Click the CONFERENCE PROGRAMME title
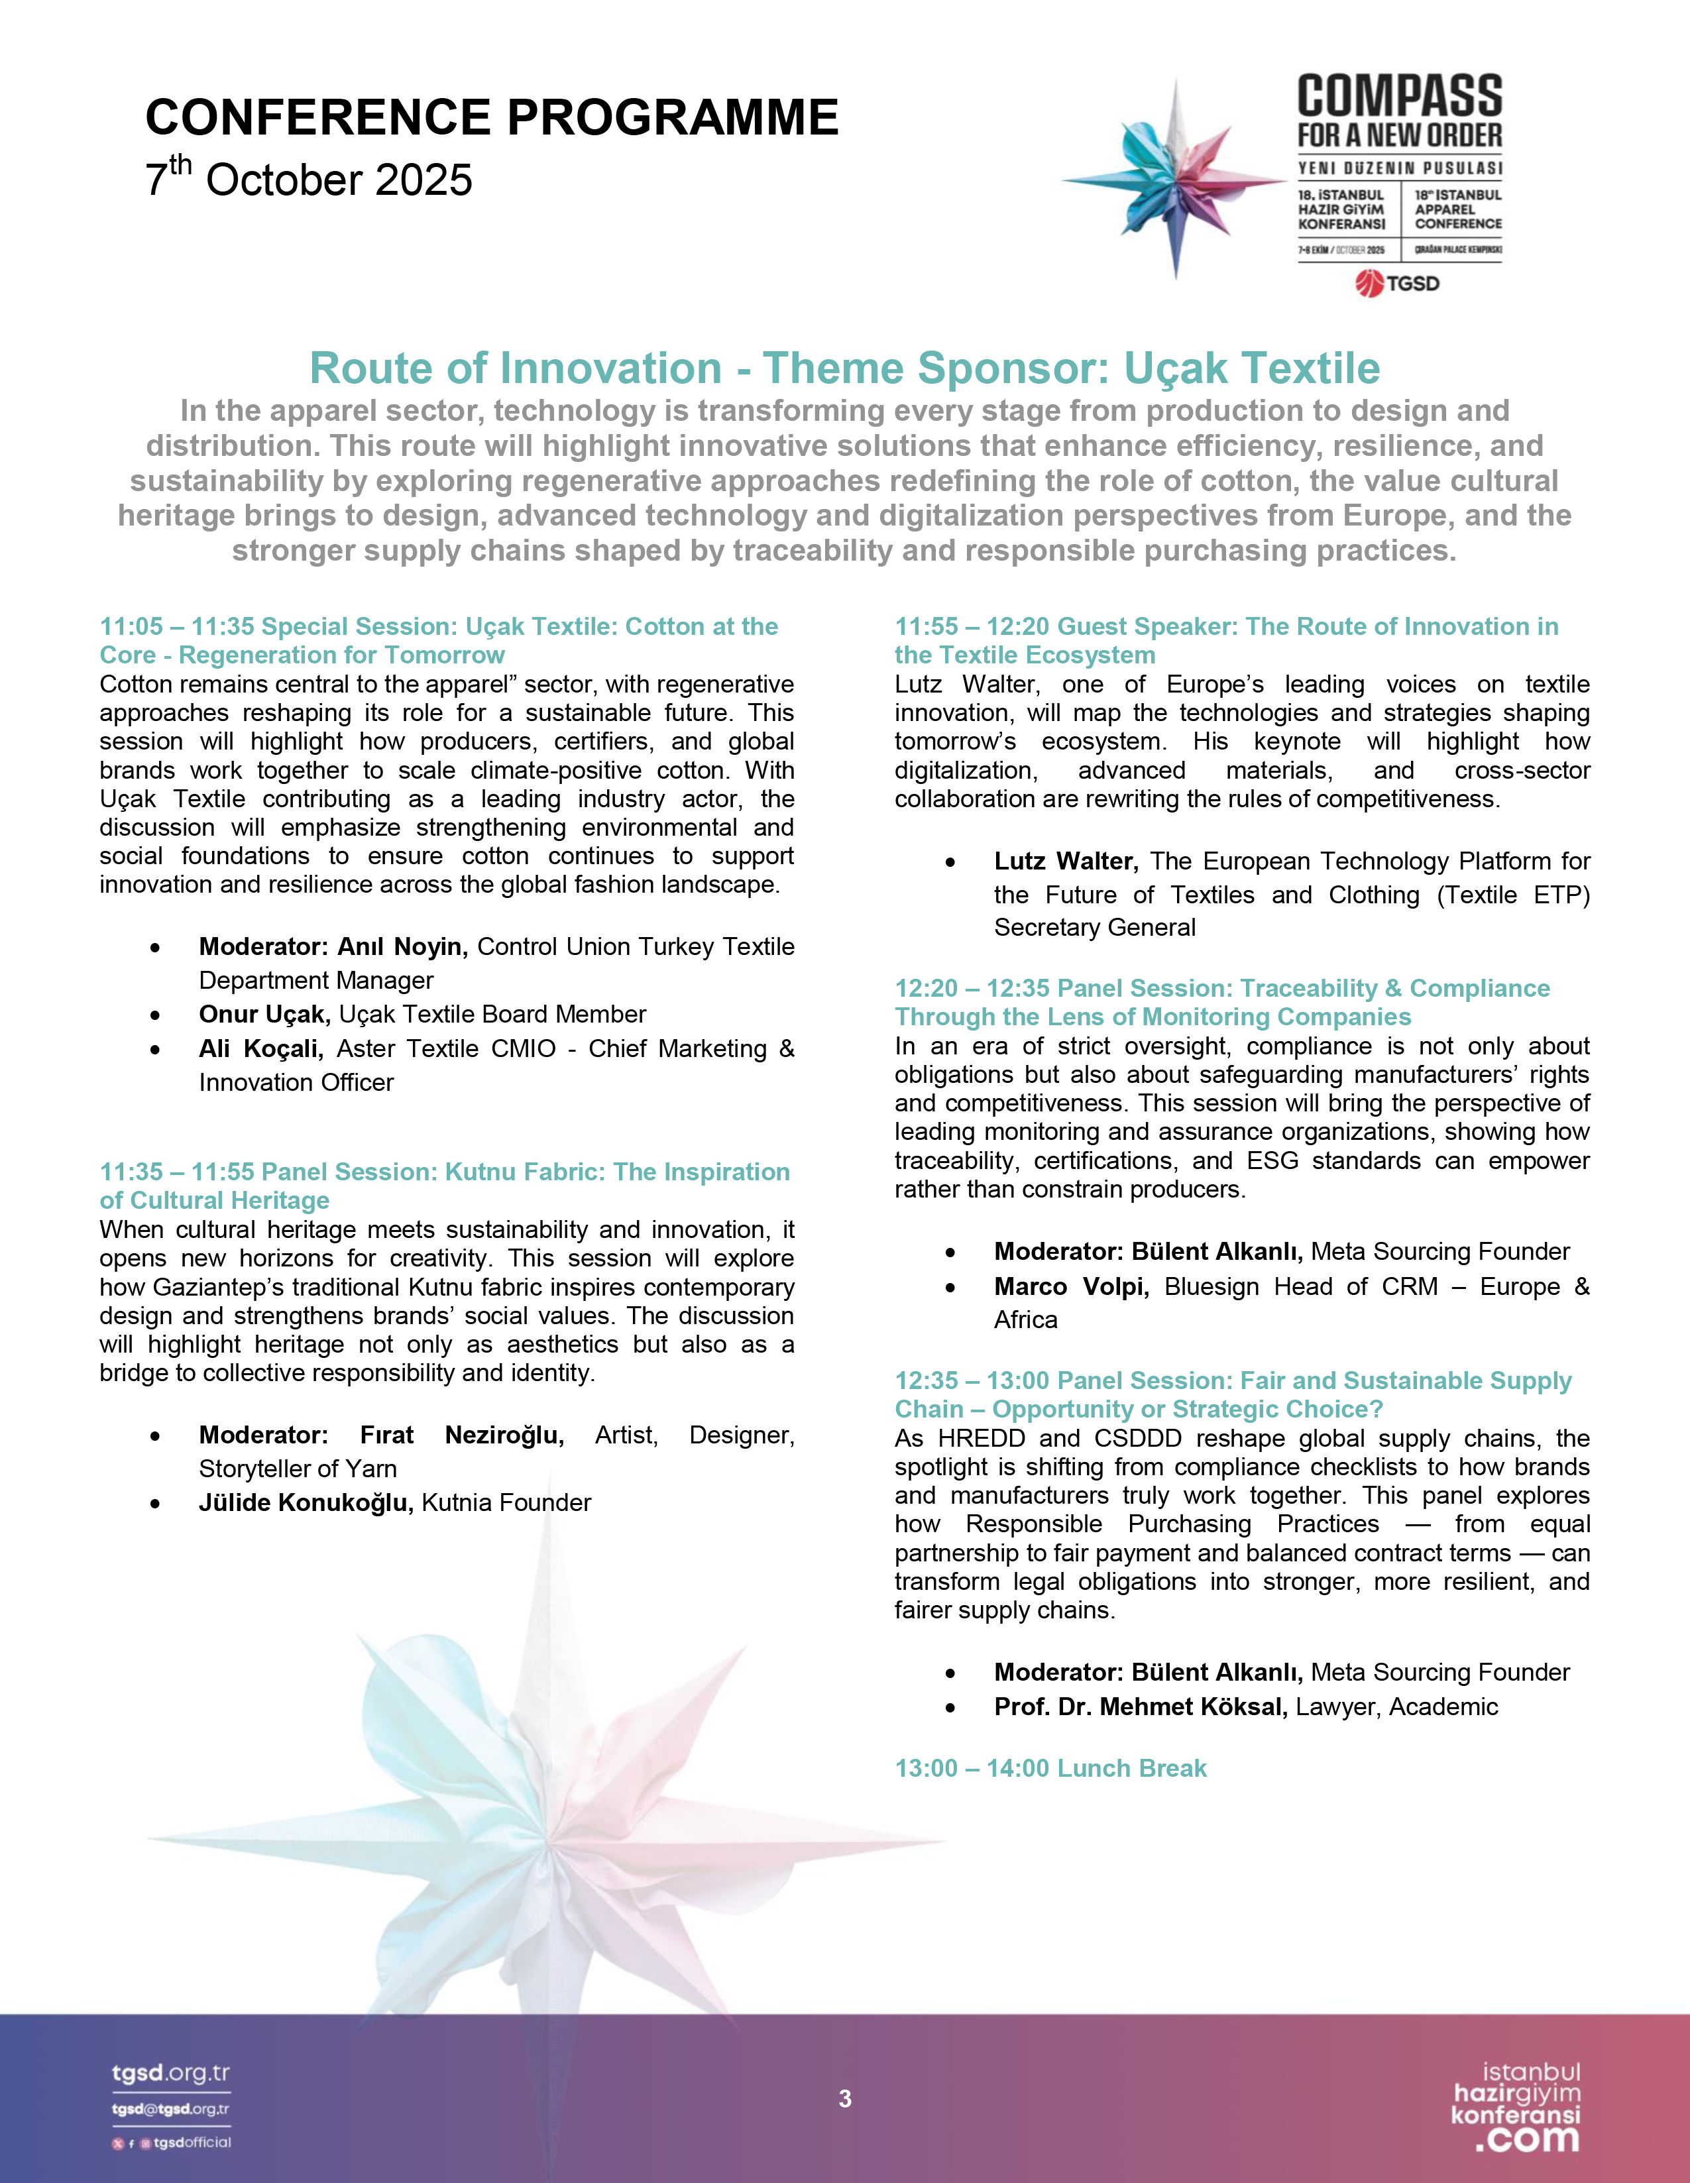pyautogui.click(x=492, y=118)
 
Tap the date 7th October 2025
pyautogui.click(x=309, y=179)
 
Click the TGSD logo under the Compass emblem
pyautogui.click(x=1398, y=284)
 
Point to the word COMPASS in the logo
pyautogui.click(x=1399, y=97)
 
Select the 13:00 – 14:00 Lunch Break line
pyautogui.click(x=1050, y=1768)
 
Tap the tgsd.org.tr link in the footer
pyautogui.click(x=171, y=2073)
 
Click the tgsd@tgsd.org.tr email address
pyautogui.click(x=171, y=2109)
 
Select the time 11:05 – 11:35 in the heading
pyautogui.click(x=176, y=627)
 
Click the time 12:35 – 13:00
pyautogui.click(x=972, y=1380)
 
